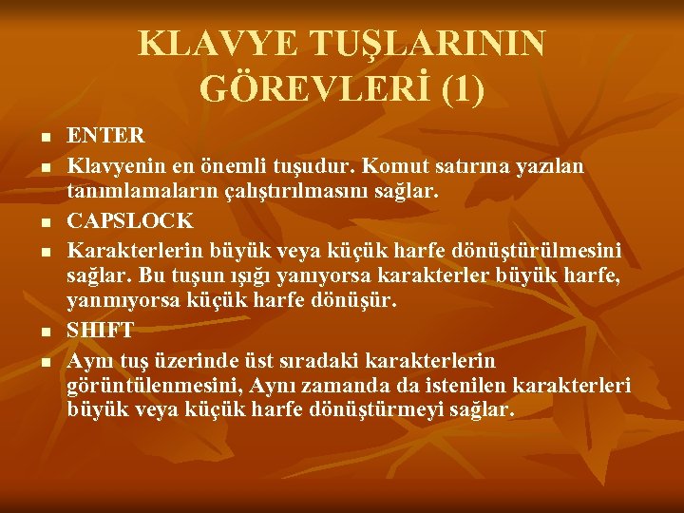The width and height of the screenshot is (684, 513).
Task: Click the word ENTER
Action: (106, 135)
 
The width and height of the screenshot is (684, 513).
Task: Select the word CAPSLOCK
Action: (130, 220)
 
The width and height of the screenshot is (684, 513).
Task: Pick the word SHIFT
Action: (101, 330)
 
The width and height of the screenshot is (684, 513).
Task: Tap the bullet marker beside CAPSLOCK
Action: (47, 221)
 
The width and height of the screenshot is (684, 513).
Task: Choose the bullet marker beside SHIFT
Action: (47, 332)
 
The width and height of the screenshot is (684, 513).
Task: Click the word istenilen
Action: (461, 387)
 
